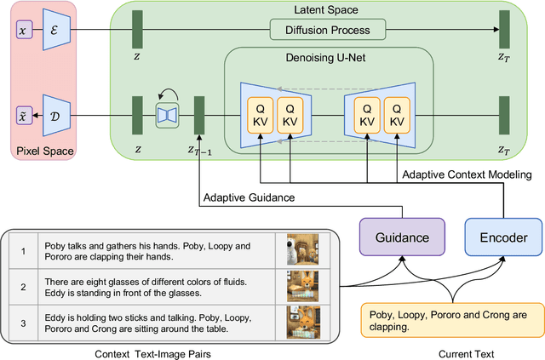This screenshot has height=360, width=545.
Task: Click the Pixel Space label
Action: point(46,152)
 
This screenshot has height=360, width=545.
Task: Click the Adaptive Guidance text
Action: point(249,198)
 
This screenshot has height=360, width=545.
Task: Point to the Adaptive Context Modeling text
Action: point(467,174)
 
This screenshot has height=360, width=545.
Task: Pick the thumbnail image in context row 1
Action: point(302,251)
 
